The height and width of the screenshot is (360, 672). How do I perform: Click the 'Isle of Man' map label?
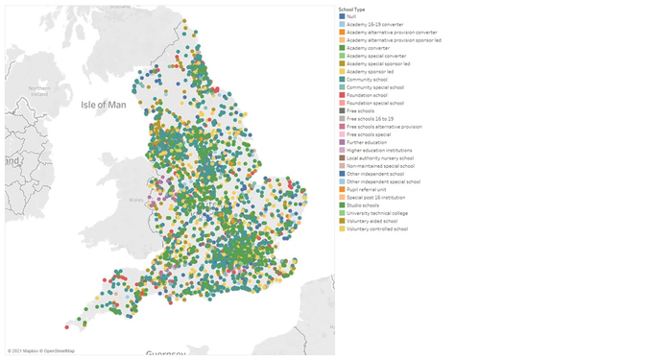pyautogui.click(x=104, y=104)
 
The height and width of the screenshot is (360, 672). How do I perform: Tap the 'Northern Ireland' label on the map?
pyautogui.click(x=38, y=91)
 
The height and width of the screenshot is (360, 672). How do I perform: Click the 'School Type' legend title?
pyautogui.click(x=351, y=10)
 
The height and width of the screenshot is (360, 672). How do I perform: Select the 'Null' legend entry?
pyautogui.click(x=351, y=16)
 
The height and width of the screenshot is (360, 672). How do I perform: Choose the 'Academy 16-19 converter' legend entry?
pyautogui.click(x=374, y=24)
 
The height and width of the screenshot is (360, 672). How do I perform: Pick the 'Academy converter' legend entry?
pyautogui.click(x=369, y=48)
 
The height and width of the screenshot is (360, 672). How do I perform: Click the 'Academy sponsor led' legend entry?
pyautogui.click(x=371, y=71)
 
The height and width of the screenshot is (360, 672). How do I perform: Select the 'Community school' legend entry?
pyautogui.click(x=369, y=80)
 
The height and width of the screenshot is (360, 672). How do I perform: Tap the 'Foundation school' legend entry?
pyautogui.click(x=369, y=95)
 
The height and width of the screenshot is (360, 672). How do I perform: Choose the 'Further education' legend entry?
pyautogui.click(x=367, y=142)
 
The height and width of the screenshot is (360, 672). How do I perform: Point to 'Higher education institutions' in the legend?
pyautogui.click(x=378, y=150)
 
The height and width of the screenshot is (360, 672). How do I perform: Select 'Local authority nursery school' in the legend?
pyautogui.click(x=380, y=157)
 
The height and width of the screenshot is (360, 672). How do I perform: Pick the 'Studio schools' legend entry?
pyautogui.click(x=363, y=204)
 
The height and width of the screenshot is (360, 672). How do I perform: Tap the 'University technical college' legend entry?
pyautogui.click(x=377, y=212)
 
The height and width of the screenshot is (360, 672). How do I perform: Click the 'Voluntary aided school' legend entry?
pyautogui.click(x=372, y=221)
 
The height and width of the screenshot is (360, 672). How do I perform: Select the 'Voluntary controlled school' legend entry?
pyautogui.click(x=377, y=228)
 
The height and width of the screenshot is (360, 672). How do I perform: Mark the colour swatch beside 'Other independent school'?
pyautogui.click(x=341, y=174)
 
